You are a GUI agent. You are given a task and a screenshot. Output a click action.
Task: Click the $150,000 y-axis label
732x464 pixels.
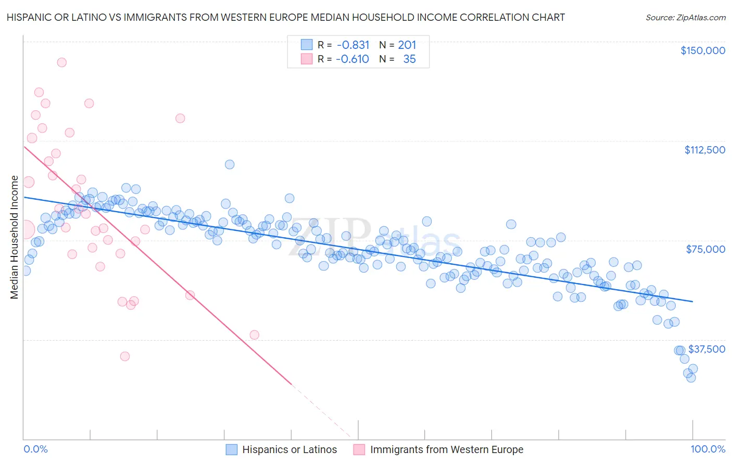(702, 50)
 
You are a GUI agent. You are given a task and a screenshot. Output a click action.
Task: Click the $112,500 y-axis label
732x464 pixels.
(704, 150)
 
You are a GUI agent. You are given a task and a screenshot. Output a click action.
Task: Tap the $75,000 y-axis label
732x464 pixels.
(705, 249)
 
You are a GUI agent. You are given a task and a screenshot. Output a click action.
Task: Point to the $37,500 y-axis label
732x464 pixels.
(706, 349)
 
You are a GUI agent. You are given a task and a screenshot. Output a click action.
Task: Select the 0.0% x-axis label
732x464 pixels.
(35, 449)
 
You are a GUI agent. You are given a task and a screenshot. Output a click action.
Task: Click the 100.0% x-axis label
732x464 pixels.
(708, 449)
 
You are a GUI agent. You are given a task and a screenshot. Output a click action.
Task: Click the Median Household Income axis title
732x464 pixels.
(14, 237)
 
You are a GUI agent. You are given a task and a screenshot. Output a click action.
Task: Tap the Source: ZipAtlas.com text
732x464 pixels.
(685, 18)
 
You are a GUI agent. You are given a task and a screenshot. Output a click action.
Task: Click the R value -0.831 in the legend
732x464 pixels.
(353, 45)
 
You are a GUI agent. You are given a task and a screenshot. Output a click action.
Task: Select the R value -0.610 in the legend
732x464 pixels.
(352, 59)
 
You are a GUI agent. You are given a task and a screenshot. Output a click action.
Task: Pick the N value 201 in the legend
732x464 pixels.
(407, 45)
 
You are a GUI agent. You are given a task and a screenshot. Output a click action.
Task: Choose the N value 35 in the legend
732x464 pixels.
(409, 59)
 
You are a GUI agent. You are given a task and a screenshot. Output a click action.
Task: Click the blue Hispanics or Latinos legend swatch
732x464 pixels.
(232, 449)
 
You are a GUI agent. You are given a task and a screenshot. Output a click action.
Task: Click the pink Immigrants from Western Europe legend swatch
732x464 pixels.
(359, 449)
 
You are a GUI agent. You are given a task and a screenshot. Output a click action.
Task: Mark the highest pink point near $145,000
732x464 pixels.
(61, 62)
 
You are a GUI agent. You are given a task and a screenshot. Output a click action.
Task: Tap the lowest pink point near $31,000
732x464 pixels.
(125, 356)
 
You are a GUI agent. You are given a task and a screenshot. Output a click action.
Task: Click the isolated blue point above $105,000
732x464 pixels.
(230, 164)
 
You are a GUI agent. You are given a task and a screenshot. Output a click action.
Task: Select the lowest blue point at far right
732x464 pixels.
(691, 378)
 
